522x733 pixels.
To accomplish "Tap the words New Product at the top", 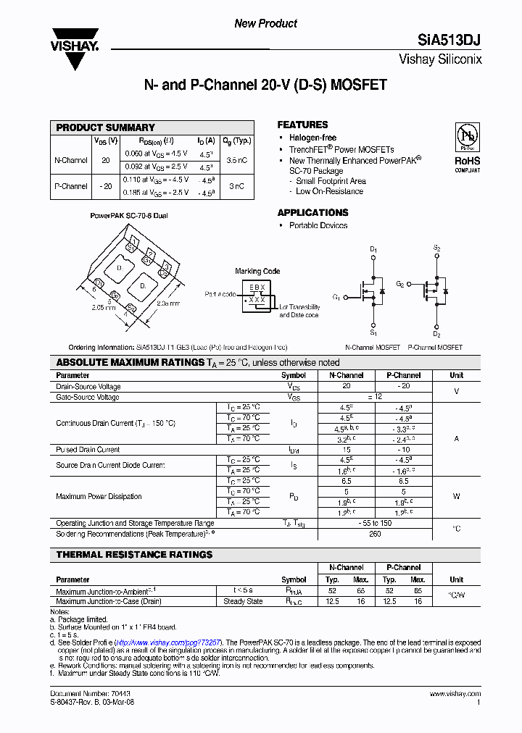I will tap(265, 23).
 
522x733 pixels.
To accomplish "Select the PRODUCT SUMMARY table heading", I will tap(105, 127).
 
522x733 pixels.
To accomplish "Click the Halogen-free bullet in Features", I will tap(312, 138).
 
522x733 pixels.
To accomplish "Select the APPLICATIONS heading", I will tap(312, 213).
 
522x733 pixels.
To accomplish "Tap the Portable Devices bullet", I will tap(318, 225).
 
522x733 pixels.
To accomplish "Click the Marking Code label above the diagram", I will tap(257, 272).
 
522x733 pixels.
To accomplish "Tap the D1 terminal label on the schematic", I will tap(373, 250).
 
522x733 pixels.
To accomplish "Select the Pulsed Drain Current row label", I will tap(88, 450).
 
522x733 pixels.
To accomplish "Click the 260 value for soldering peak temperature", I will tap(375, 534).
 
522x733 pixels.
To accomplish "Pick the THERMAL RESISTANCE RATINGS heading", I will tap(134, 555).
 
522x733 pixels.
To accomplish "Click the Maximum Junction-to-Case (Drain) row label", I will tap(109, 601).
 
